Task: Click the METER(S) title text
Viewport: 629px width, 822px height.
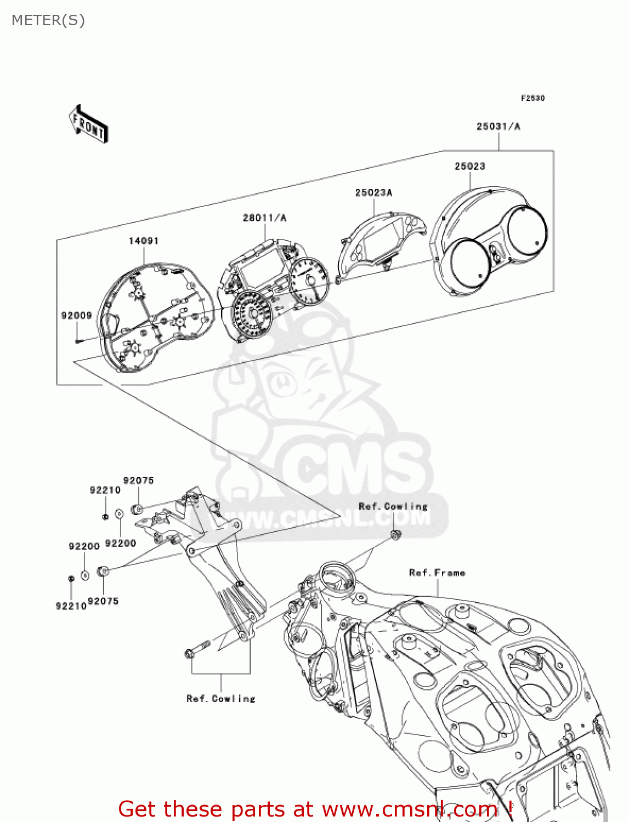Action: [48, 20]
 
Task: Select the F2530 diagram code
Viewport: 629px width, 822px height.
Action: [532, 98]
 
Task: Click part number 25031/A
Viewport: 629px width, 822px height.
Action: [498, 127]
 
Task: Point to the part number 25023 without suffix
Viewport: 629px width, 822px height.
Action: [469, 166]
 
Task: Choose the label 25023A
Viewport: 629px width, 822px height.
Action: [373, 192]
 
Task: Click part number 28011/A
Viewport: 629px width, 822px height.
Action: [264, 218]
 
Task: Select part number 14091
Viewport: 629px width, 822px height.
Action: [144, 241]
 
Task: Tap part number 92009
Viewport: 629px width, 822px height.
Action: [76, 315]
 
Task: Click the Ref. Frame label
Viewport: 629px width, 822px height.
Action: [437, 573]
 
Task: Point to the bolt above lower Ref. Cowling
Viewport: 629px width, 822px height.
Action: [197, 649]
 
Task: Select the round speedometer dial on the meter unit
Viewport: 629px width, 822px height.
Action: [252, 314]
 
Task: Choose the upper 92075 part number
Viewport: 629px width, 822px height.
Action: [138, 481]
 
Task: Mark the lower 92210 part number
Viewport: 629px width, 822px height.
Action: [71, 606]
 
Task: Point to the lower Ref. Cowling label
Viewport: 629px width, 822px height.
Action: [221, 699]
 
